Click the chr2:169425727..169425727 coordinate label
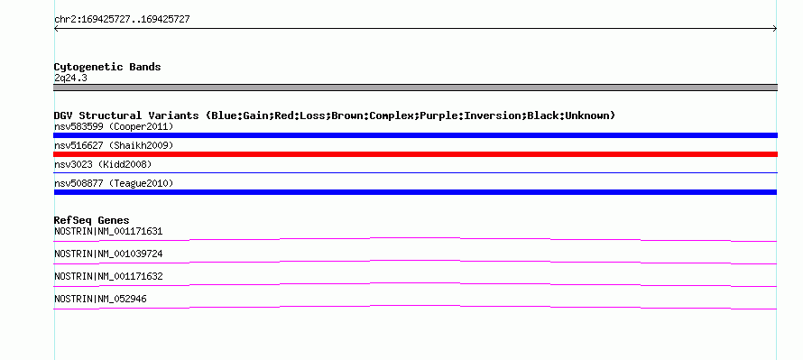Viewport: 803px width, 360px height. pyautogui.click(x=122, y=20)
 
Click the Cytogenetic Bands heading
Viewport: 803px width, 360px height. pyautogui.click(x=107, y=67)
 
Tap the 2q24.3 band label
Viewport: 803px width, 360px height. pyautogui.click(x=70, y=78)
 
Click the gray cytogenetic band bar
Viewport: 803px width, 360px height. pyautogui.click(x=415, y=88)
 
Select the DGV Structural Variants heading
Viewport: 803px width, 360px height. pyautogui.click(x=334, y=115)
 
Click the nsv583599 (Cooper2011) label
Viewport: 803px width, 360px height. pyautogui.click(x=114, y=126)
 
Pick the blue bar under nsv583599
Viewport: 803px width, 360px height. pyautogui.click(x=415, y=135)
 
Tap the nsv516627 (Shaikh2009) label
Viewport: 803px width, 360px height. pyautogui.click(x=114, y=145)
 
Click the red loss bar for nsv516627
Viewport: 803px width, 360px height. pyautogui.click(x=415, y=154)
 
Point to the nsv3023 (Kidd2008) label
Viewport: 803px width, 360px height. pyautogui.click(x=103, y=164)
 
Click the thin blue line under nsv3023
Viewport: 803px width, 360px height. pyautogui.click(x=415, y=173)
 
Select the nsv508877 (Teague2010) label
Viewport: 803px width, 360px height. pyautogui.click(x=114, y=183)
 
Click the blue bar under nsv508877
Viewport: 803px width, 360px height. pyautogui.click(x=415, y=192)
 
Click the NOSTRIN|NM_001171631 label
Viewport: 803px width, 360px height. pyautogui.click(x=108, y=232)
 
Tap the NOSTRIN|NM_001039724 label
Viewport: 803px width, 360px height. pyautogui.click(x=108, y=254)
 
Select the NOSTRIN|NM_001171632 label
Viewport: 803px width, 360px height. pyautogui.click(x=108, y=276)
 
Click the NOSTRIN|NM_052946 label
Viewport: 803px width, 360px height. pyautogui.click(x=100, y=299)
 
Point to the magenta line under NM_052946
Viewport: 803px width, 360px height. pyautogui.click(x=415, y=306)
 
